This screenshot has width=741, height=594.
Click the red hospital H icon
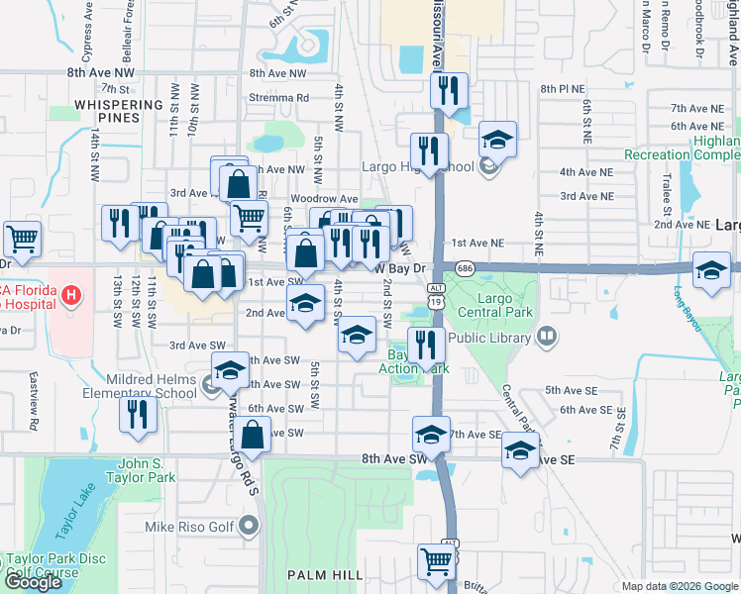tap(69, 294)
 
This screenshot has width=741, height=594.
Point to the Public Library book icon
tap(546, 338)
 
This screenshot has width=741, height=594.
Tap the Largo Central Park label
tap(495, 305)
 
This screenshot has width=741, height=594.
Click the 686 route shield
tap(466, 268)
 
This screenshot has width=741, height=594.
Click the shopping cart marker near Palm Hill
tap(436, 562)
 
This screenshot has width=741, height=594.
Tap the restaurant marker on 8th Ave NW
tap(450, 92)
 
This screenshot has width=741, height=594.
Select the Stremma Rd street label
tap(280, 98)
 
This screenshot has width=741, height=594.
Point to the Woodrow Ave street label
tap(331, 199)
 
